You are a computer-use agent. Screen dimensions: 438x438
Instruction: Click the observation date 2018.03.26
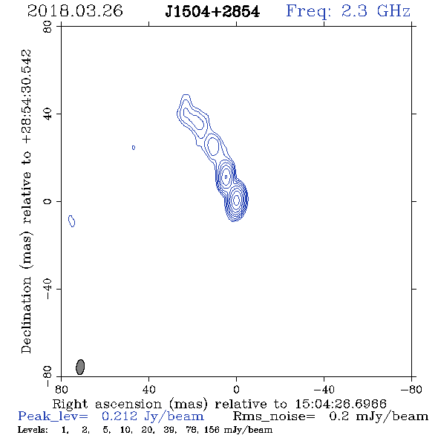tap(75, 11)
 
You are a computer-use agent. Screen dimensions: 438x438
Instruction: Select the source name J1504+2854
tap(212, 12)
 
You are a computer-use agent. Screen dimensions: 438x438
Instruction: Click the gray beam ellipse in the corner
tap(80, 367)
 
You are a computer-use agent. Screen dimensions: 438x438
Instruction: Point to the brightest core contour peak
tap(236, 200)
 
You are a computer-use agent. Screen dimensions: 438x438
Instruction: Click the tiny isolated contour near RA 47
tap(134, 148)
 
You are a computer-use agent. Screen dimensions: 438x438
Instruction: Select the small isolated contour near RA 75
tap(72, 221)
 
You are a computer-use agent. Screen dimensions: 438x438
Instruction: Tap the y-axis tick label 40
tap(48, 114)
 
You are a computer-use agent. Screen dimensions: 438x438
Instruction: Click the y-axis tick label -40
tap(48, 289)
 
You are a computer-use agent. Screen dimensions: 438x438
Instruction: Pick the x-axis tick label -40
tap(324, 389)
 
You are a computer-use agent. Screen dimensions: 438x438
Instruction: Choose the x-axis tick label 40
tap(148, 389)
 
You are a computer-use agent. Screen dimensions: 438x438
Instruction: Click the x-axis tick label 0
tap(236, 389)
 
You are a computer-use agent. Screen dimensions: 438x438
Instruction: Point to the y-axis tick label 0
tap(48, 201)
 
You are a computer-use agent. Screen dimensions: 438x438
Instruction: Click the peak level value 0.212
tap(120, 416)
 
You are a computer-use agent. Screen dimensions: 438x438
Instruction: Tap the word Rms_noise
tap(274, 416)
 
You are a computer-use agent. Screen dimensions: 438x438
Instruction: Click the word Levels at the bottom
tap(33, 430)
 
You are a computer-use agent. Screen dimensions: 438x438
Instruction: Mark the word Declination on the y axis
tap(26, 315)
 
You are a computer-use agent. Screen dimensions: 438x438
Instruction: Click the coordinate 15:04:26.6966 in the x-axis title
tap(341, 404)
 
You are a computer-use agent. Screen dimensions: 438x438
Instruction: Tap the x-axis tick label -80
tap(411, 389)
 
